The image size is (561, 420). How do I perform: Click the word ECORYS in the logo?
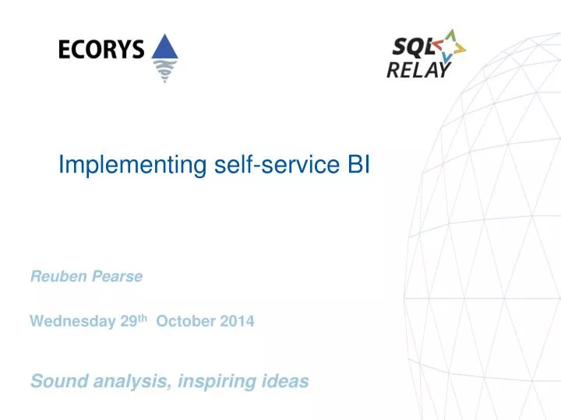(101, 50)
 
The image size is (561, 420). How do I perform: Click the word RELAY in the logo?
(418, 70)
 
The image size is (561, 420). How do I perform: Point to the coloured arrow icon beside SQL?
(450, 47)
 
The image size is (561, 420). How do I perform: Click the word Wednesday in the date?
(73, 321)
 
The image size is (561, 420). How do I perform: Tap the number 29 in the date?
(129, 321)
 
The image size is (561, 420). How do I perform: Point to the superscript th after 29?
(143, 317)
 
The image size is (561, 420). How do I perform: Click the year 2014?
(235, 321)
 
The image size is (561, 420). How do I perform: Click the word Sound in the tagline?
(55, 381)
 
